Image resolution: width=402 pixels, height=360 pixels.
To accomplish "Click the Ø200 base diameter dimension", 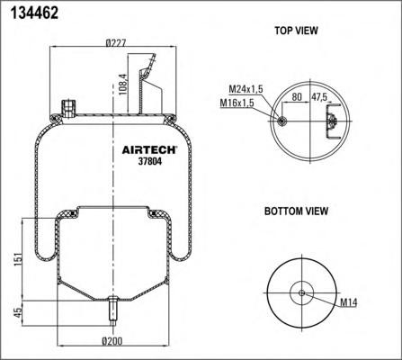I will pyautogui.click(x=112, y=342).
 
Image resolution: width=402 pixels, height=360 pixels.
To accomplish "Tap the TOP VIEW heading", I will pyautogui.click(x=296, y=31).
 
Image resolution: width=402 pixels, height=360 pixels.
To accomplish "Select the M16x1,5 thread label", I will pyautogui.click(x=236, y=103).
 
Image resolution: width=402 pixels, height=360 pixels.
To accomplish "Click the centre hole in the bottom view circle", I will pyautogui.click(x=302, y=292).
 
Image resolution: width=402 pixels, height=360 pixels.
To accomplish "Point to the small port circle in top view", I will pyautogui.click(x=284, y=121).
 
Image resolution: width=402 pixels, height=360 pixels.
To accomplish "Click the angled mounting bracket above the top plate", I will pyautogui.click(x=149, y=85).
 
